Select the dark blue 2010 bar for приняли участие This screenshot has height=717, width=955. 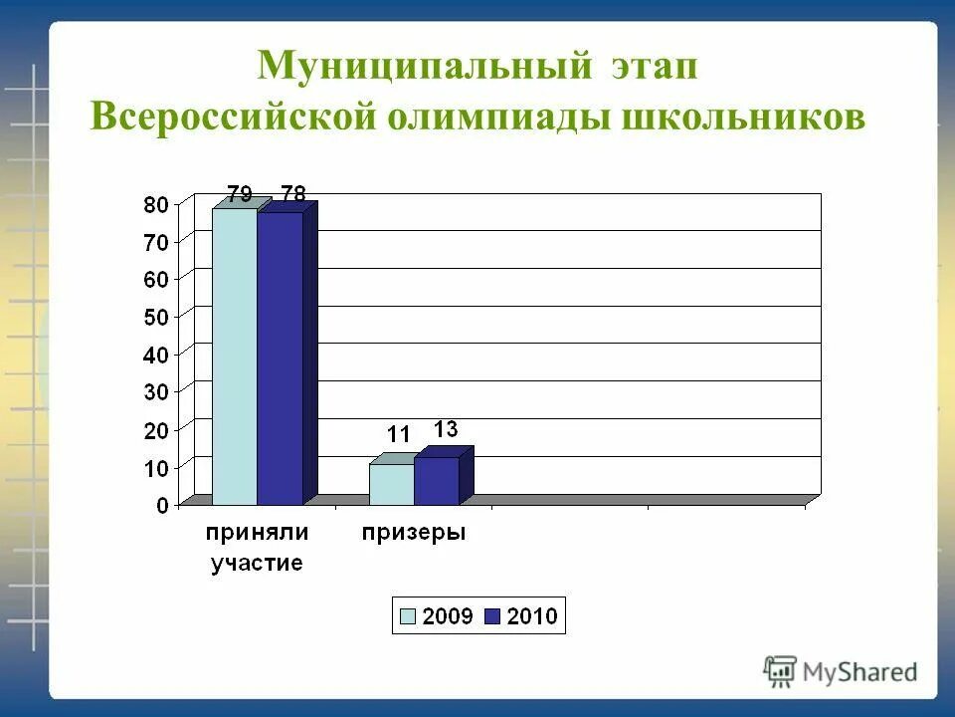[x=280, y=358]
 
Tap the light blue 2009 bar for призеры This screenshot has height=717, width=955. [x=391, y=484]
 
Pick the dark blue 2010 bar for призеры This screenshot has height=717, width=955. [x=436, y=481]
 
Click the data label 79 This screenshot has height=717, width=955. [x=239, y=192]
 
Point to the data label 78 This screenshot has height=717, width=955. [x=292, y=192]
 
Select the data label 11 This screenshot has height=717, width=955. [x=399, y=434]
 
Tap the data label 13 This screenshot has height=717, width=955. [x=445, y=429]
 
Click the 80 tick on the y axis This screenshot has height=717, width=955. [x=157, y=204]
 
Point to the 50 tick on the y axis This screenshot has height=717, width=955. [x=157, y=317]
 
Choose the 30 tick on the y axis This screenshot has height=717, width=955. [x=157, y=391]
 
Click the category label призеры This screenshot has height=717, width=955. [x=413, y=533]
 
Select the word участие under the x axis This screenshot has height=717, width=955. [x=257, y=564]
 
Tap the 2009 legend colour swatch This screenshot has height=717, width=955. [x=408, y=616]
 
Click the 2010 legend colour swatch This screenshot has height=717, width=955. [x=491, y=616]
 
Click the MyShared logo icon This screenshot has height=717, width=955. [x=781, y=671]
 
